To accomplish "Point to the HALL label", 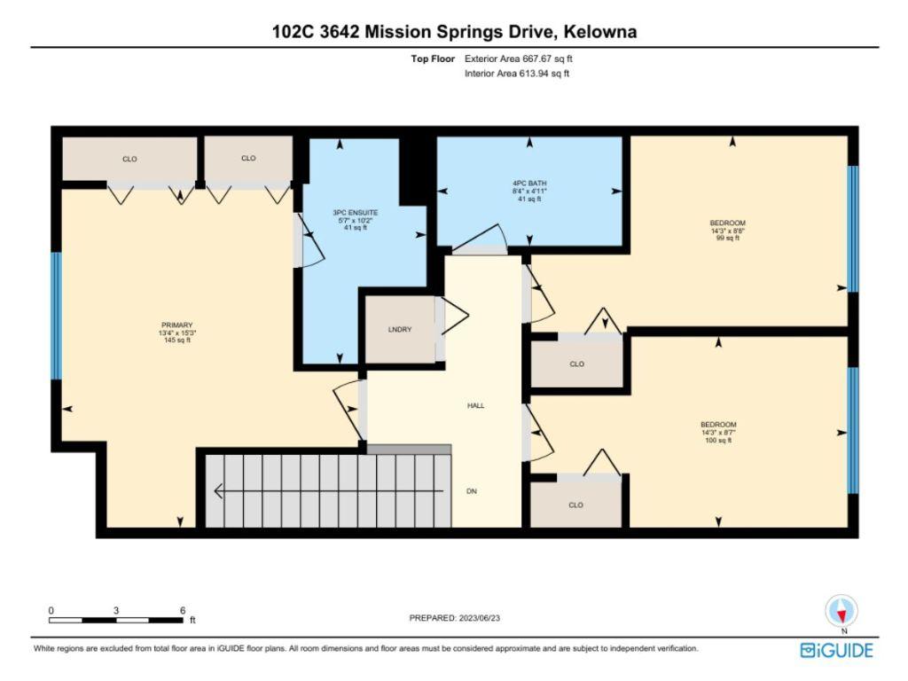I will [475, 405].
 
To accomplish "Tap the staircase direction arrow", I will [328, 490].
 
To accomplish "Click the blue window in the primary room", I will [56, 316].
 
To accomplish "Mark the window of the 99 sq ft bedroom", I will [853, 229].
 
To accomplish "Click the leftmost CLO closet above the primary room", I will [129, 159].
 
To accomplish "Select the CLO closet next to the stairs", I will [575, 505].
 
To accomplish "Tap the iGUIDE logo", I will [836, 651].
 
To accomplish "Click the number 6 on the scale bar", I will [182, 611].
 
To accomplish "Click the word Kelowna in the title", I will [598, 32].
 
